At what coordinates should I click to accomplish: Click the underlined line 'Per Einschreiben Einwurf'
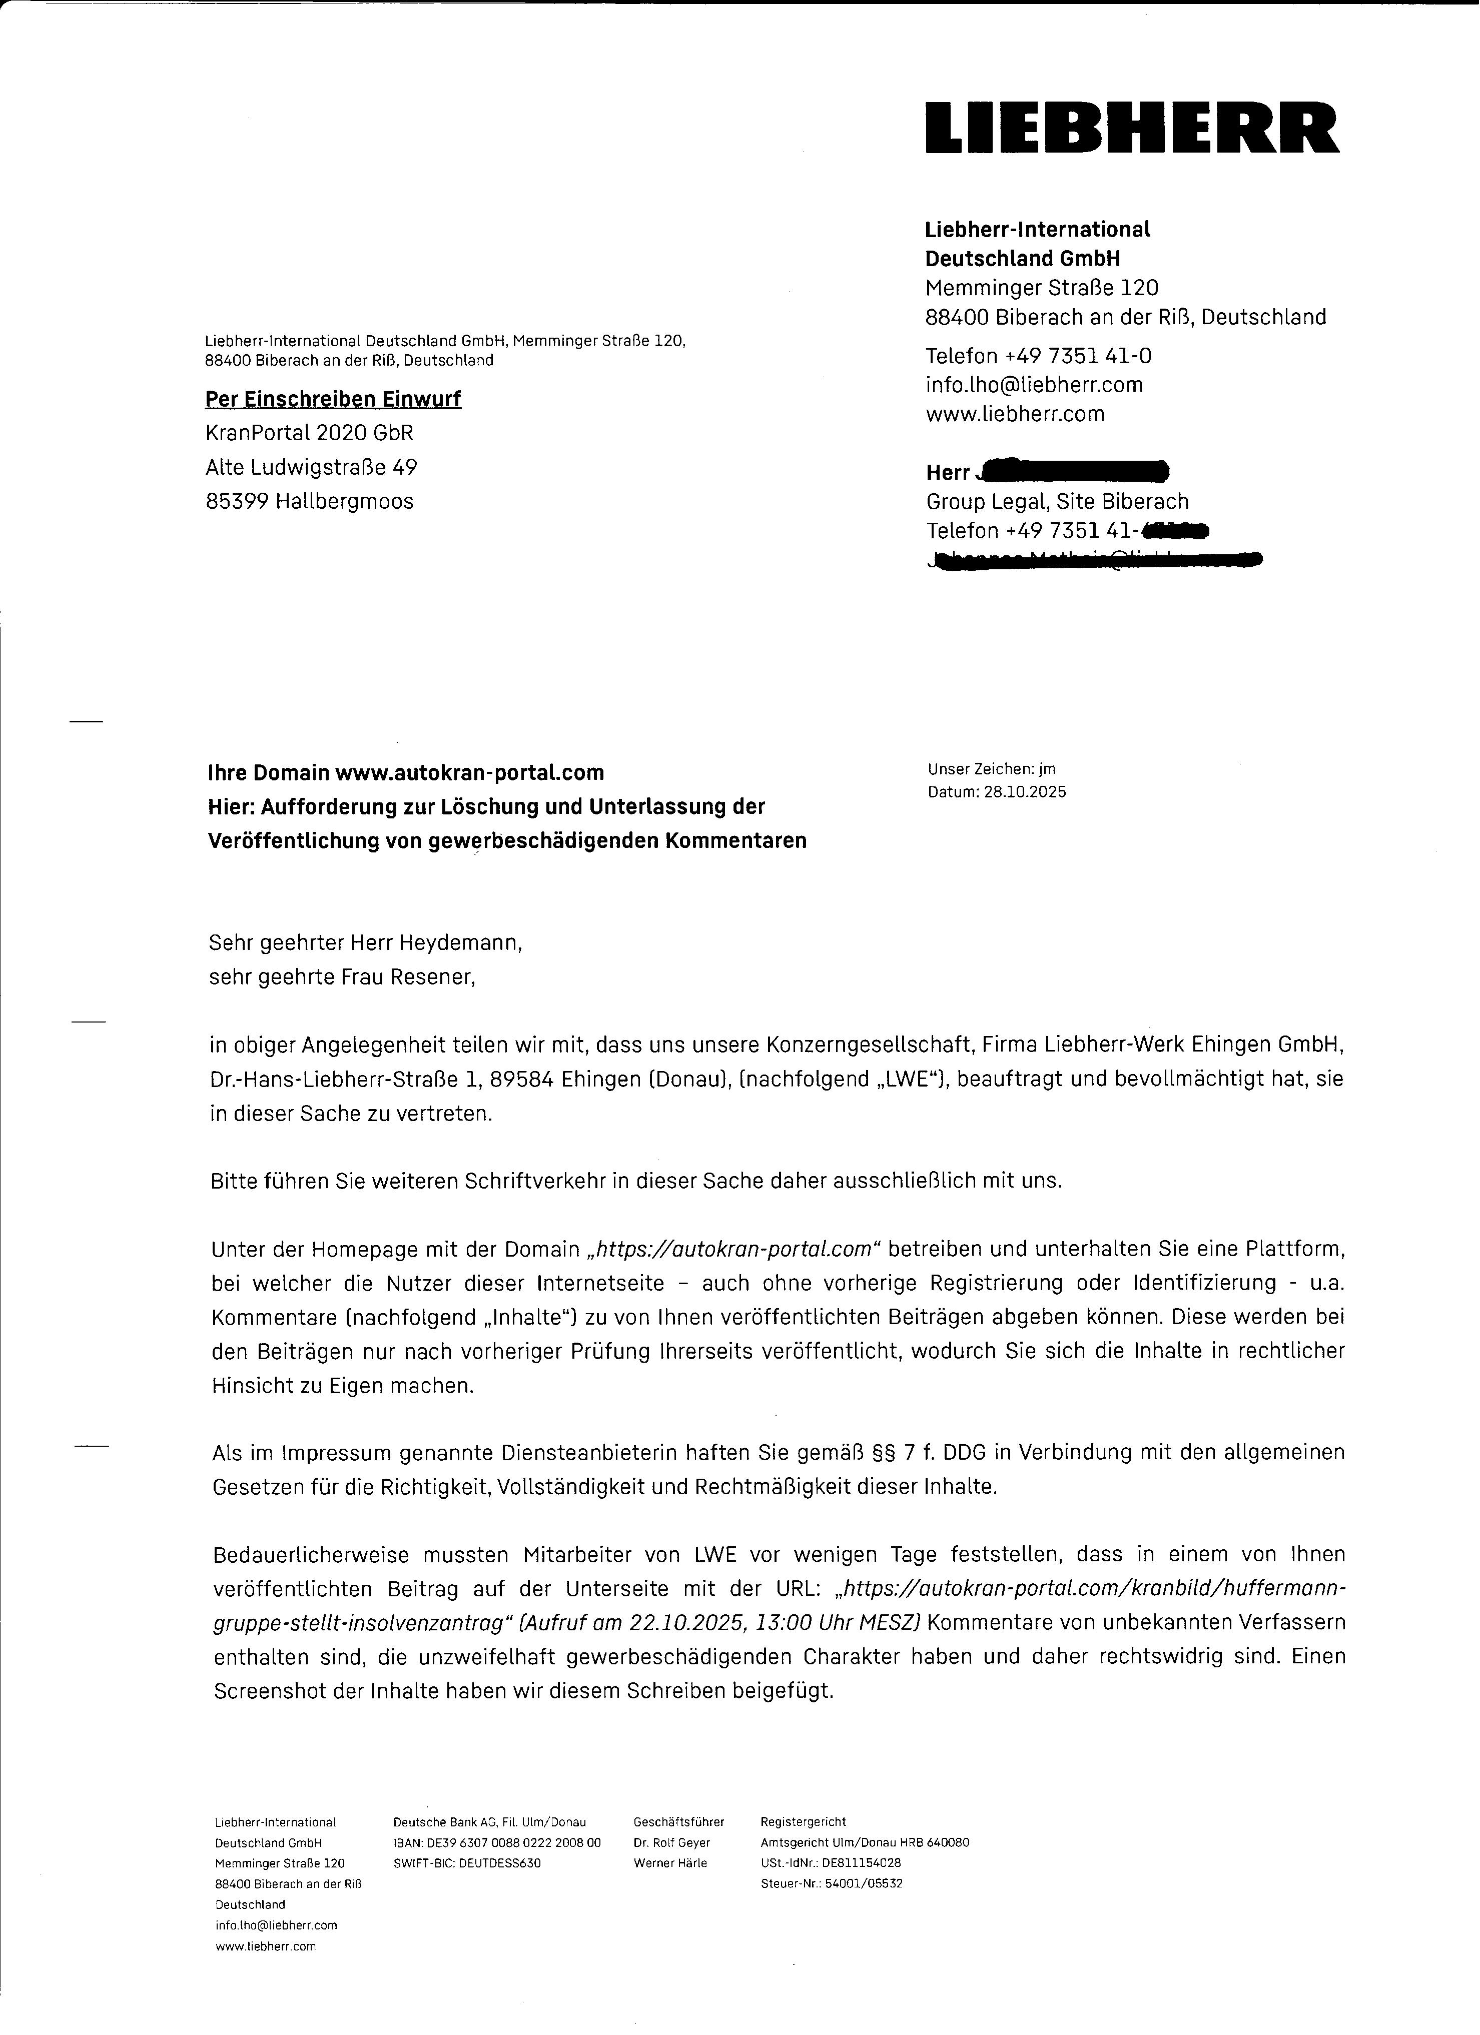[333, 399]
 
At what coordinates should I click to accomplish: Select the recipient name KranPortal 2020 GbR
[310, 433]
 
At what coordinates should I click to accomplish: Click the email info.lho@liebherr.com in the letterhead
[1034, 385]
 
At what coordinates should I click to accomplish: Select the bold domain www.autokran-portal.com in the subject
[469, 772]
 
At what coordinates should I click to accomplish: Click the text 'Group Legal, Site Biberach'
[1057, 502]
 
